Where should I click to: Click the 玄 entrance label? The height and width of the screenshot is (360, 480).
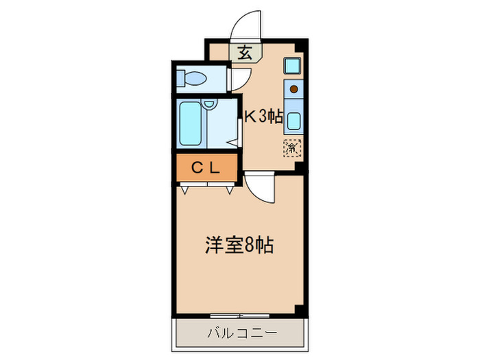tap(245, 52)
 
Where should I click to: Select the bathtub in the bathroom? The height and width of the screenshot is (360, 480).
tap(191, 124)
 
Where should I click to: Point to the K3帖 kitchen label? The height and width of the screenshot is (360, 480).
tap(264, 117)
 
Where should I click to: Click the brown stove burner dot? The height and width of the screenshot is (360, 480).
tap(293, 88)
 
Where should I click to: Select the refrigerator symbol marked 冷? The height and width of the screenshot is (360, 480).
tap(292, 146)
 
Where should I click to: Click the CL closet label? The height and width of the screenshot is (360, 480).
tap(205, 167)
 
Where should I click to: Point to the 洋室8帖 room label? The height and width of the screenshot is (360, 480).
tap(240, 245)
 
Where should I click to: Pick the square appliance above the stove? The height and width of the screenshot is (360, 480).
tap(292, 67)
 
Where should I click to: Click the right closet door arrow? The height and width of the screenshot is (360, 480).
tap(228, 190)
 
